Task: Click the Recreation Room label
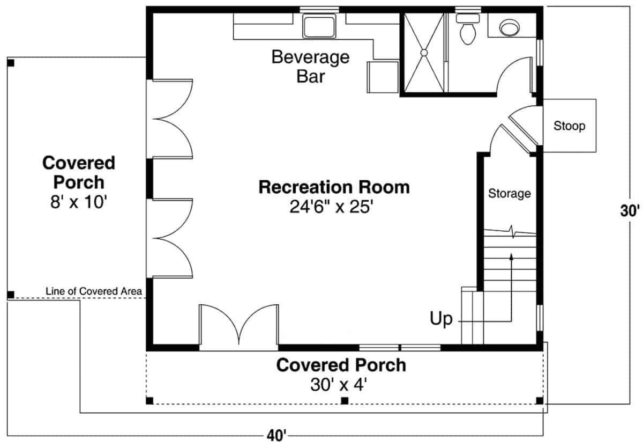click(x=334, y=187)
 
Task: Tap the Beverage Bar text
click(x=310, y=66)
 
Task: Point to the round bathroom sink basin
click(x=509, y=27)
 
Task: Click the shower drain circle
click(x=423, y=53)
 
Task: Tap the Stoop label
click(x=569, y=127)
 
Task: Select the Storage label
click(x=509, y=193)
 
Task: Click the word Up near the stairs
click(x=441, y=319)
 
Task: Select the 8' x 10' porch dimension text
click(x=79, y=202)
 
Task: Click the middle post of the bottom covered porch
click(x=345, y=400)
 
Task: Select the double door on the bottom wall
click(x=239, y=327)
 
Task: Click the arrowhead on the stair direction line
click(x=512, y=257)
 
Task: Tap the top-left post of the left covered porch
click(x=11, y=63)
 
